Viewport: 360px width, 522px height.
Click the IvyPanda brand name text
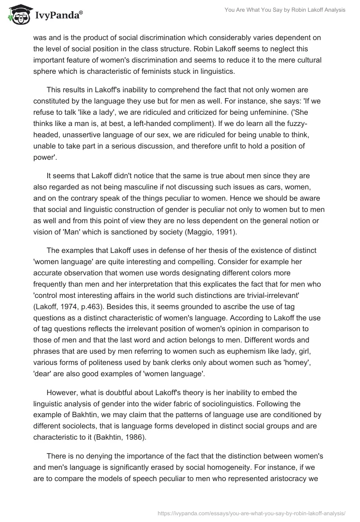[x=58, y=16]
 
